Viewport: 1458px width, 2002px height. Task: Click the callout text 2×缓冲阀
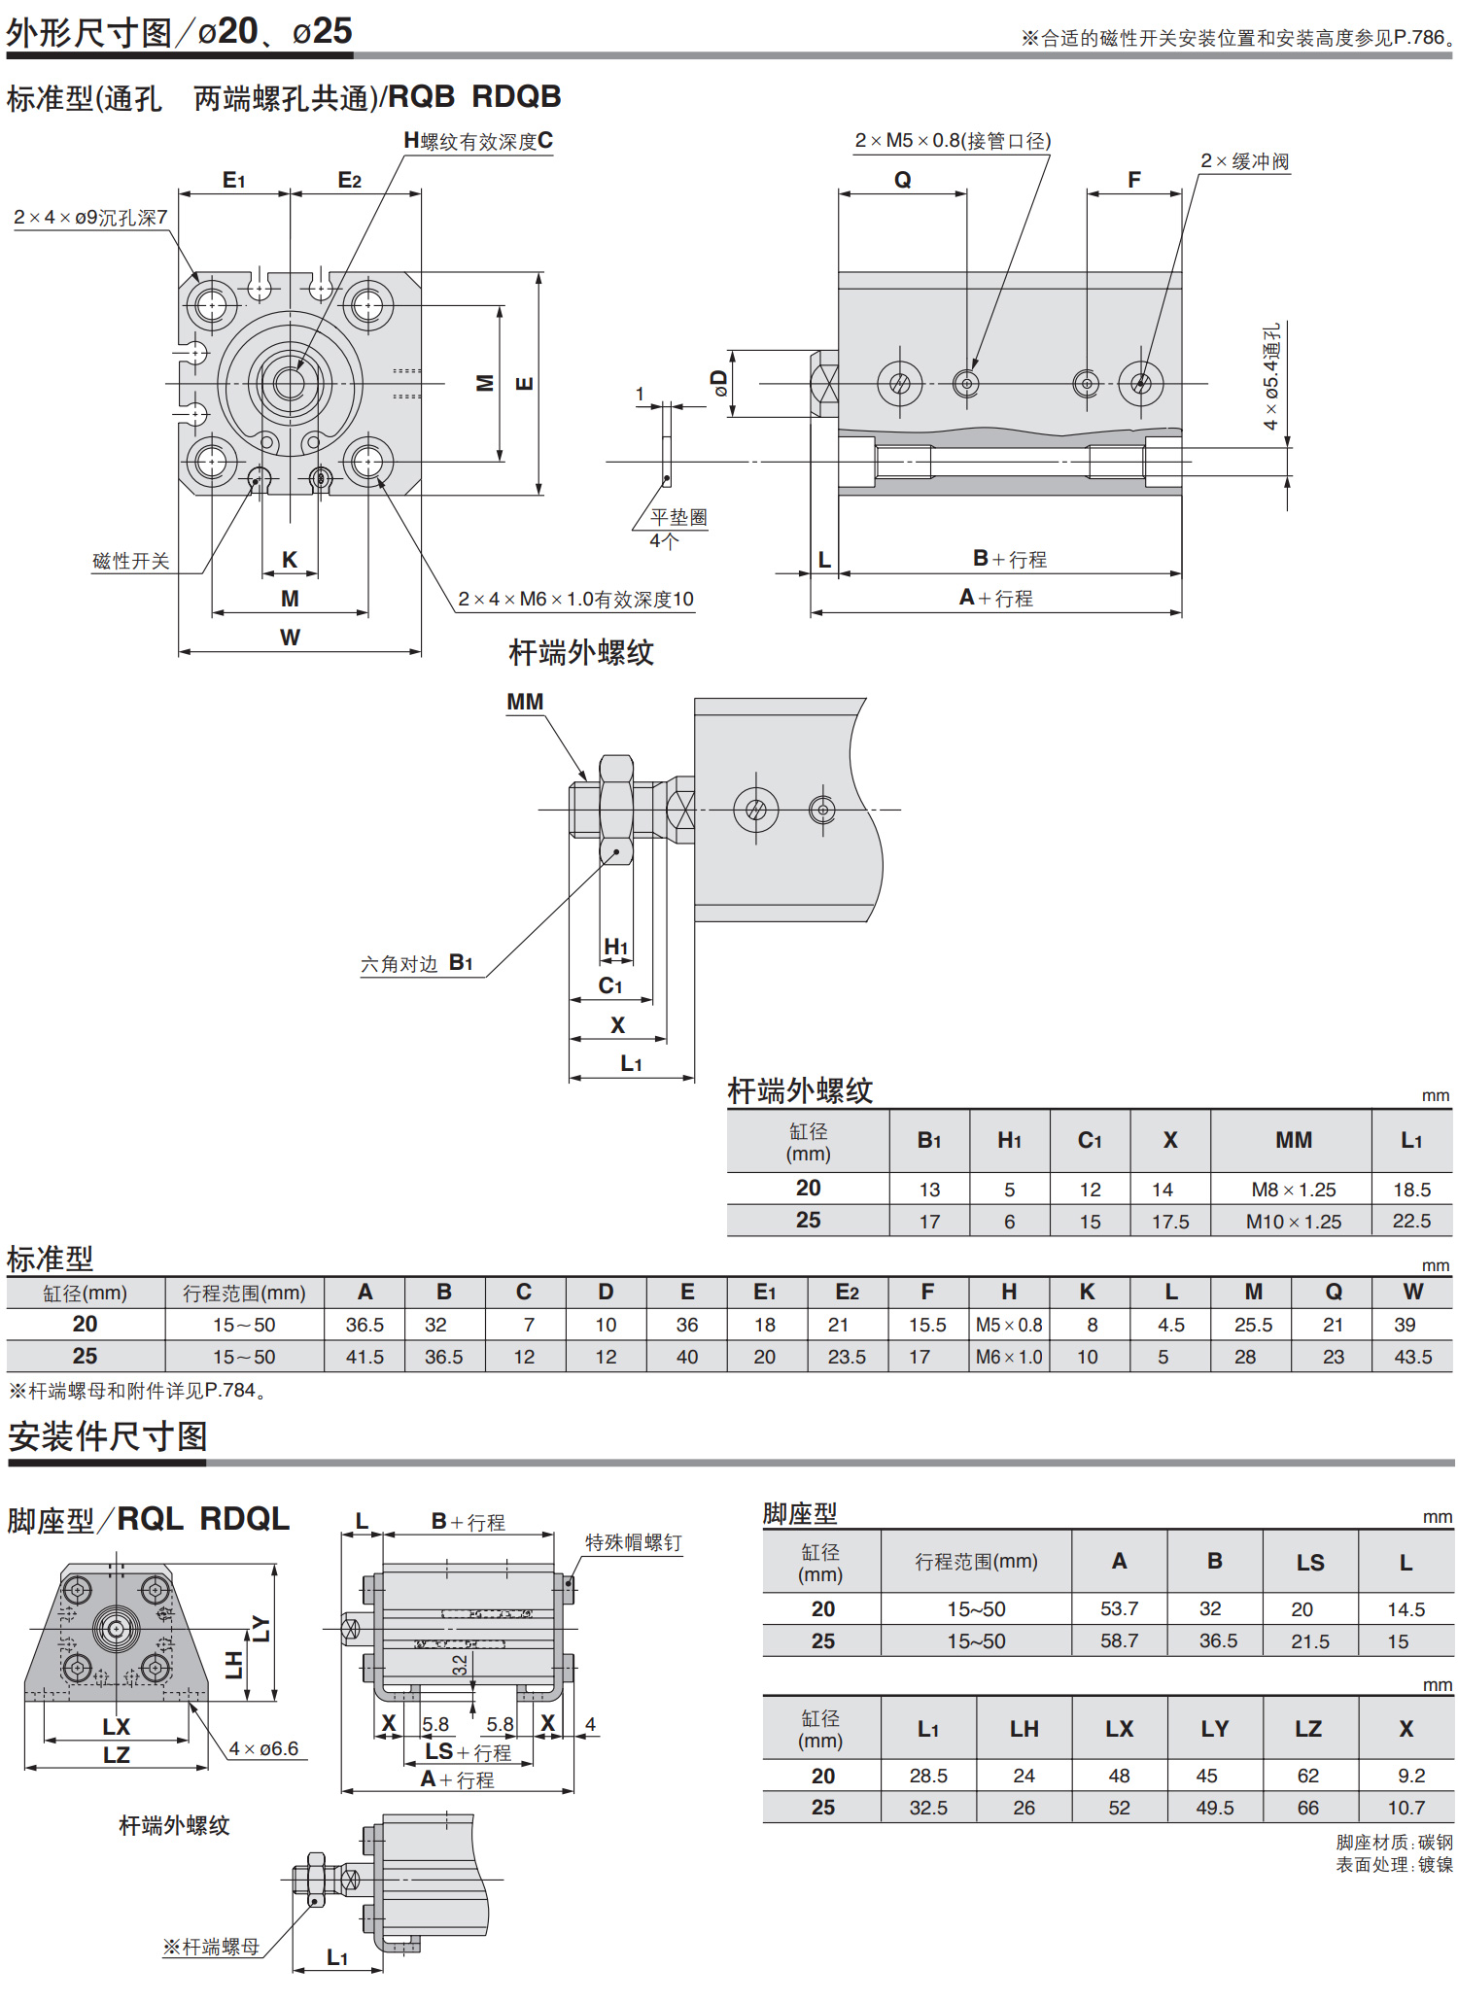[x=1245, y=161]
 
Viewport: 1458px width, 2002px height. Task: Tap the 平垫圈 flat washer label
[x=678, y=517]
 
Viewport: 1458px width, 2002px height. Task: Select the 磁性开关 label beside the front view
[x=131, y=561]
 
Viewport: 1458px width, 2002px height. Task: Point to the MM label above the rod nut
[x=525, y=702]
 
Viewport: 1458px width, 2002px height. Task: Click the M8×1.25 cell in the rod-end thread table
[x=1294, y=1190]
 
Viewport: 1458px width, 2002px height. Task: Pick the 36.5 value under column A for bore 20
[x=364, y=1325]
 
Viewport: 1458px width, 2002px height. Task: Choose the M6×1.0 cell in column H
[x=1009, y=1357]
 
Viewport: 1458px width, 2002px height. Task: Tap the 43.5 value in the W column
[x=1413, y=1357]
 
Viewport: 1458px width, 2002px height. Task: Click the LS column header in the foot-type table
[x=1310, y=1563]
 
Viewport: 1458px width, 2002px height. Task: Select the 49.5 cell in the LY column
[x=1215, y=1808]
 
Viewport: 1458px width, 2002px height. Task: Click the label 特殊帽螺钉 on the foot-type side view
[x=633, y=1542]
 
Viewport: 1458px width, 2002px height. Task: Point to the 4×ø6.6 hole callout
[x=263, y=1748]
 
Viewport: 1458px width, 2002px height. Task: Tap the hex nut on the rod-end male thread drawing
[x=616, y=810]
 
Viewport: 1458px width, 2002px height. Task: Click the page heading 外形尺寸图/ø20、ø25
[x=180, y=32]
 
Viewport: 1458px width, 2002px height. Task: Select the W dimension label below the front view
[x=290, y=638]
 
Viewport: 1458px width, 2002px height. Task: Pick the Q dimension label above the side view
[x=903, y=180]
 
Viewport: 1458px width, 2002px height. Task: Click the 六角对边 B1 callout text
[x=417, y=963]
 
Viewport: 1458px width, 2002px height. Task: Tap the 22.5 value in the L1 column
[x=1412, y=1222]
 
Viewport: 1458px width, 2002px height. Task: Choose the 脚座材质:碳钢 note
[x=1394, y=1842]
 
